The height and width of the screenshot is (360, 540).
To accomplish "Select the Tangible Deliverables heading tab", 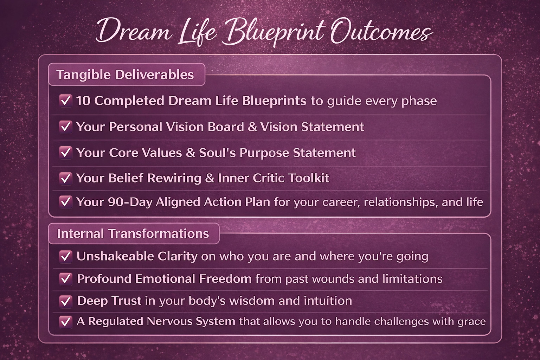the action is (127, 75).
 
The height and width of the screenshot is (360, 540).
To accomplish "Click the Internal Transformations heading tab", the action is (134, 234).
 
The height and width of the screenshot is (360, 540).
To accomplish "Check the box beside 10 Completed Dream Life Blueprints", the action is (66, 101).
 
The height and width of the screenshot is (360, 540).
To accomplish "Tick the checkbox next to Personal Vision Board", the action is (66, 127).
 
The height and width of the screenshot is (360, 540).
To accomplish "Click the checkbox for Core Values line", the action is (66, 153).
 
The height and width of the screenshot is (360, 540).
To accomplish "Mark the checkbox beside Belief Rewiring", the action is (66, 179).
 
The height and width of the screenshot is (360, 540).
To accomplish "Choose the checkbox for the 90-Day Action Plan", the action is (66, 202).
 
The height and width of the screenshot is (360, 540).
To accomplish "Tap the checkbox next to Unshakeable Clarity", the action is (66, 256).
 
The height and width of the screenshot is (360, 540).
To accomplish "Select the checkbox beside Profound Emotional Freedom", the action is (66, 279).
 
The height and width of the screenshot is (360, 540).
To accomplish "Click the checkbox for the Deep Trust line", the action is (66, 301).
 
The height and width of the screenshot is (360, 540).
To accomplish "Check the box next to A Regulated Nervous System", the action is (66, 322).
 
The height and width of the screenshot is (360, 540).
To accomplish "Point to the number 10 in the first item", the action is (83, 101).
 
